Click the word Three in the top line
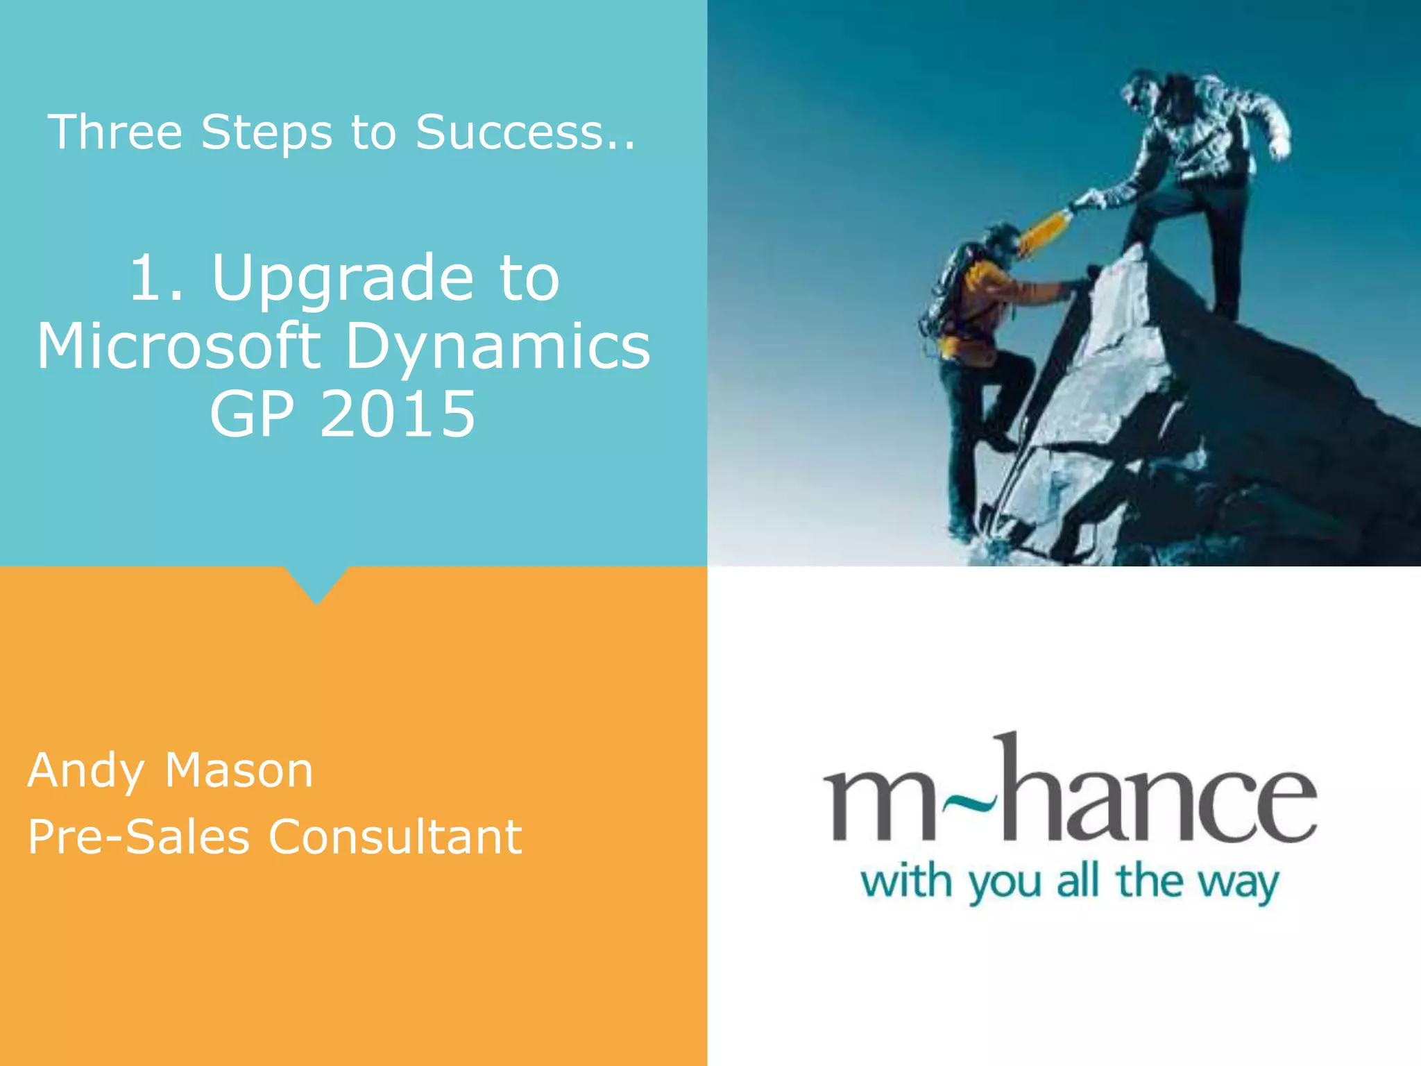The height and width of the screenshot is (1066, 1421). [115, 132]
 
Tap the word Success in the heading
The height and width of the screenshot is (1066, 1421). [509, 132]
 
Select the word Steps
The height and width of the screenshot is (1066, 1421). [266, 133]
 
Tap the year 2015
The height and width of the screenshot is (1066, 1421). [397, 414]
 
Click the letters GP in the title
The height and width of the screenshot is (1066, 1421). [252, 414]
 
